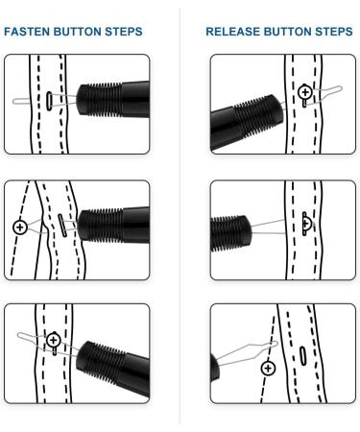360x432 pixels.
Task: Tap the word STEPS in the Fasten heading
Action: [124, 32]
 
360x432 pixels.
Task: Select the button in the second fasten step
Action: [20, 228]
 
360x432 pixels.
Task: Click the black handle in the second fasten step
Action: [113, 224]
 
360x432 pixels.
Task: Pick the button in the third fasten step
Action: [53, 340]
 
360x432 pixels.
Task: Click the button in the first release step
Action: [305, 93]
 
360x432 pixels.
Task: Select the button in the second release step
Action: [306, 223]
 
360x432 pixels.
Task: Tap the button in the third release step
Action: [268, 368]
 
